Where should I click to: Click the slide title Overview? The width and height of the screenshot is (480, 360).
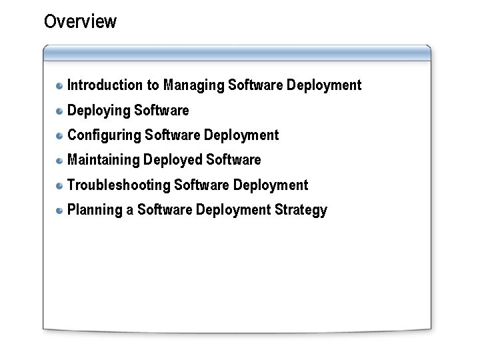click(80, 22)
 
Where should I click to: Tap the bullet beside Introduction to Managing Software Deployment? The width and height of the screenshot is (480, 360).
click(60, 85)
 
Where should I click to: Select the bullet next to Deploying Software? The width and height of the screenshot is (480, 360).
click(60, 111)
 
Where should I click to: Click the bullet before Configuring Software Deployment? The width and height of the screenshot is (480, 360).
click(60, 135)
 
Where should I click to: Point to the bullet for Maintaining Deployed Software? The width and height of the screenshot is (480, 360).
click(60, 160)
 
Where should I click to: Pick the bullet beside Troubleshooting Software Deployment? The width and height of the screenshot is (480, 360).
click(60, 185)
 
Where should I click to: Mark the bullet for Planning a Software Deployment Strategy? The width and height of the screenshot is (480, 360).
click(60, 210)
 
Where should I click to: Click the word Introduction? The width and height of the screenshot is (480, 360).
click(105, 85)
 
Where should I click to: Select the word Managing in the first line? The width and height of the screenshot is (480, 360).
click(193, 86)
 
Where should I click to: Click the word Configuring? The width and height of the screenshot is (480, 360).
click(105, 136)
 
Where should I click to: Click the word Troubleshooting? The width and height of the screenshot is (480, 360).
click(119, 185)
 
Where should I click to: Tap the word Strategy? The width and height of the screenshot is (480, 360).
click(301, 211)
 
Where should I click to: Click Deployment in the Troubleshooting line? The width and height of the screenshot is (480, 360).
click(271, 185)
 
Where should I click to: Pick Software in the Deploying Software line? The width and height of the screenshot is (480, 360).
click(161, 110)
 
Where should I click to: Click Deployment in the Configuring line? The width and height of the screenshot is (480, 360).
click(241, 135)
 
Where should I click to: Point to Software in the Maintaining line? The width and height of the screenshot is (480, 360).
click(233, 160)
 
